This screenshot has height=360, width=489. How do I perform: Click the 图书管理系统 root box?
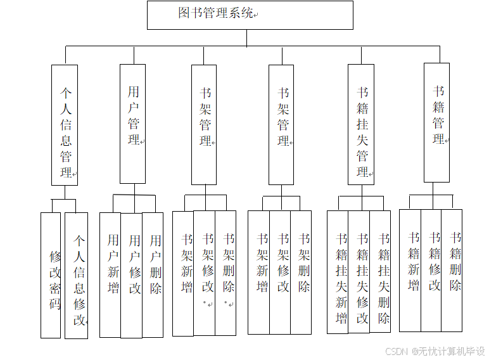(250, 15)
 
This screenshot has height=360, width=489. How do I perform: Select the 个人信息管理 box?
(65, 125)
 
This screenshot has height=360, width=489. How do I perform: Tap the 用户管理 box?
(132, 124)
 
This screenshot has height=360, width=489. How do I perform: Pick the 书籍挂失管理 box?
(361, 125)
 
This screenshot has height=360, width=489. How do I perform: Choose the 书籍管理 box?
(437, 122)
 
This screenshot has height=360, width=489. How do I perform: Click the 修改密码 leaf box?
(51, 274)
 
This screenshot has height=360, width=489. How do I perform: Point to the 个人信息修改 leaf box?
(77, 275)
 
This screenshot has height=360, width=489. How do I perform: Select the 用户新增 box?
(110, 274)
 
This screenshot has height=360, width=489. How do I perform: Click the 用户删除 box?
(153, 274)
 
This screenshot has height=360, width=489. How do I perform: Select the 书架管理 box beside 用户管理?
(204, 124)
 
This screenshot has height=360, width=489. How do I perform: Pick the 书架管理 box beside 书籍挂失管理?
(281, 124)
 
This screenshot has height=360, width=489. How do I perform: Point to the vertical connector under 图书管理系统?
(247, 37)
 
